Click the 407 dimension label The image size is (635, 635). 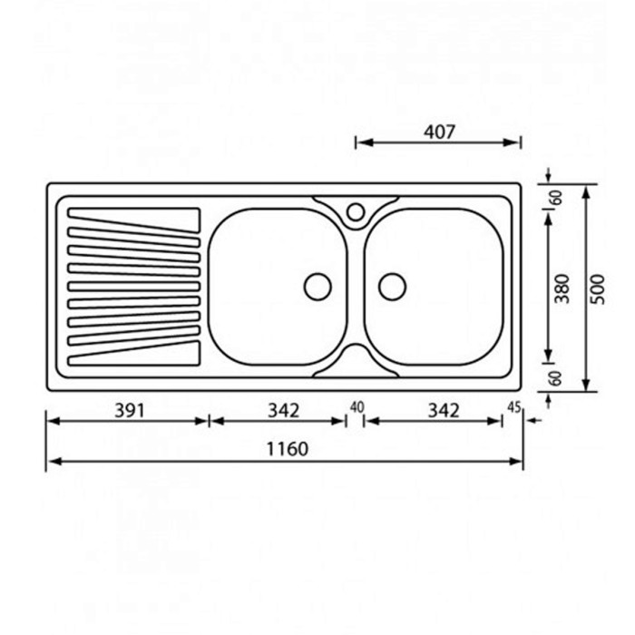tap(439, 132)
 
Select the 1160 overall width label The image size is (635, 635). tap(288, 449)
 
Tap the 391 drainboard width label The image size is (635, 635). tap(130, 411)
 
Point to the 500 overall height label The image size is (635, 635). tap(598, 289)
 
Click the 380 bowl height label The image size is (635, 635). tap(562, 288)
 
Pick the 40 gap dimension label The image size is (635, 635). tap(357, 407)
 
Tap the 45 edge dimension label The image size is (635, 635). tap(514, 407)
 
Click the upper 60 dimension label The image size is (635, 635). tap(558, 198)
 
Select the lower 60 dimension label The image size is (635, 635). tap(556, 378)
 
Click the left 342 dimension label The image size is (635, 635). tap(283, 411)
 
